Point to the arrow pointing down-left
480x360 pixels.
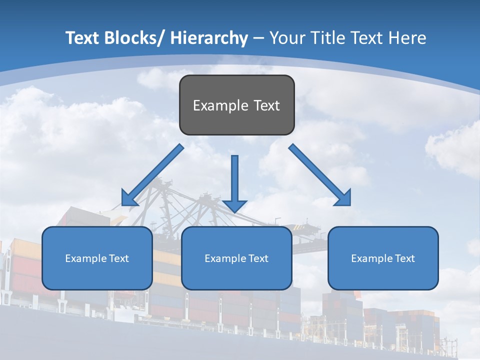click(x=155, y=173)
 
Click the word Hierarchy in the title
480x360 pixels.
click(x=209, y=38)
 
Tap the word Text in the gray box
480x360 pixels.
click(x=266, y=105)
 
